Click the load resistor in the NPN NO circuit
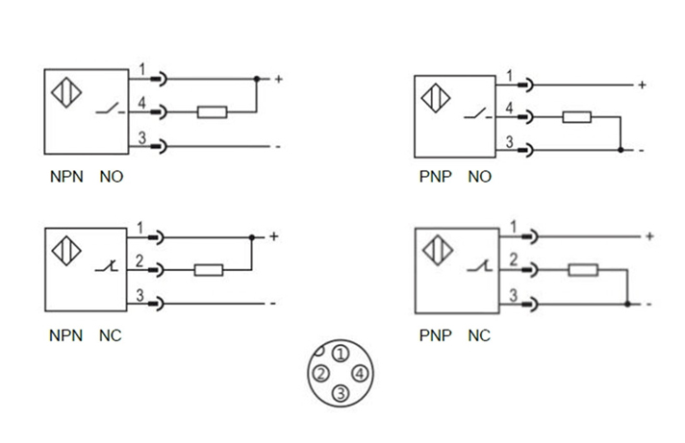coord(212,112)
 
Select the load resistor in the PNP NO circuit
coord(577,117)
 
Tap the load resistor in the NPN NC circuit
coord(209,270)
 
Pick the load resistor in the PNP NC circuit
coord(582,270)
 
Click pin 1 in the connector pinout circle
coord(340,356)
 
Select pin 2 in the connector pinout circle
coord(320,373)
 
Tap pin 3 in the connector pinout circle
coord(340,391)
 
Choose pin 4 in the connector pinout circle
coord(359,373)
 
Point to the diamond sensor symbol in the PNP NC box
coord(438,253)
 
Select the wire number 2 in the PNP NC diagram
coord(513,258)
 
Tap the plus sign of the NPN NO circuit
coord(278,79)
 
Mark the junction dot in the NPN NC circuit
coord(251,236)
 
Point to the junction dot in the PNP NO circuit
coord(622,150)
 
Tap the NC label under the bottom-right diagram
coord(478,336)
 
